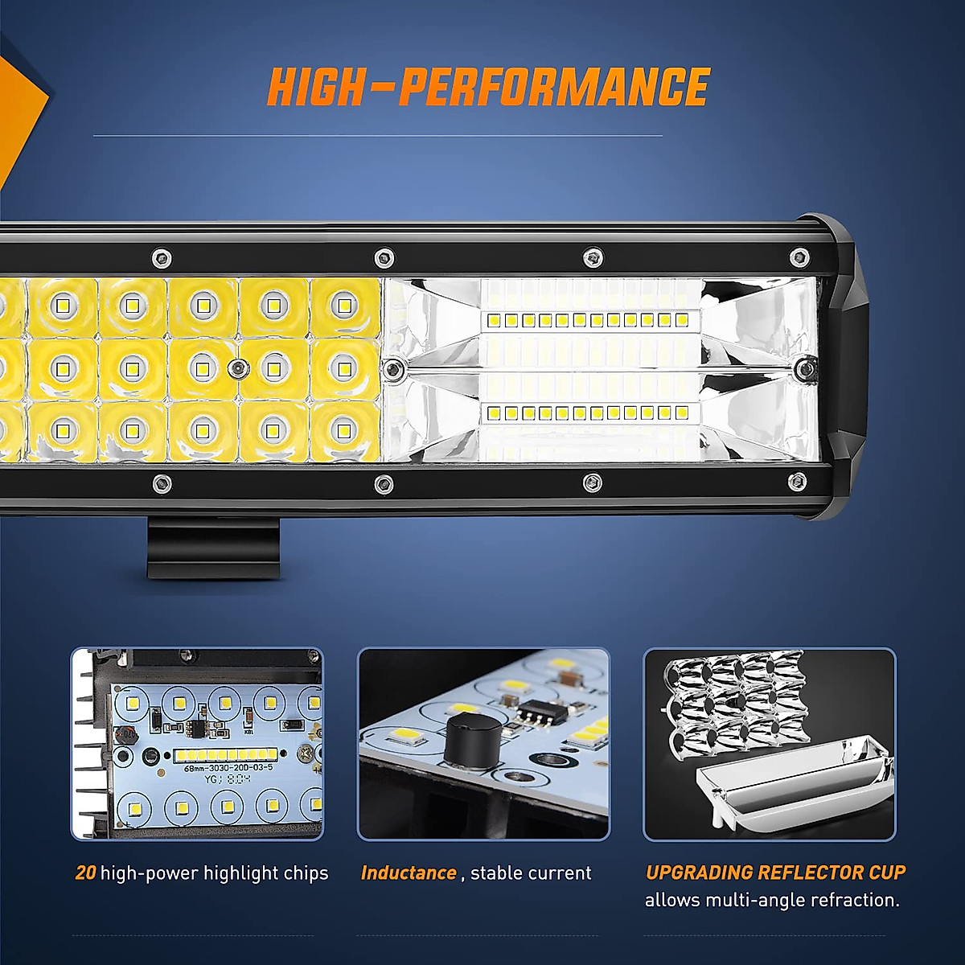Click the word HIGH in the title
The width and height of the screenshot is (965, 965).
(x=314, y=88)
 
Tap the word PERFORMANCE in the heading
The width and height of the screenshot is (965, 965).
(x=554, y=88)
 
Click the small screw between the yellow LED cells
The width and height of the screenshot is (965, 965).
(x=237, y=368)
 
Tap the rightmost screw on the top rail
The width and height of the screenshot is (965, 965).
(x=798, y=258)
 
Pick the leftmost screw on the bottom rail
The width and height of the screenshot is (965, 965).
(x=161, y=483)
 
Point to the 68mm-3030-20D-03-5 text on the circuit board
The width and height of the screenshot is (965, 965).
(x=228, y=768)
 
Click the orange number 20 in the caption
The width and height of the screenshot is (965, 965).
(x=85, y=873)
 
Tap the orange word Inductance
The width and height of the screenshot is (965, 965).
(x=409, y=873)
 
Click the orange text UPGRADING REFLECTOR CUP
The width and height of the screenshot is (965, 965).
(x=775, y=873)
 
